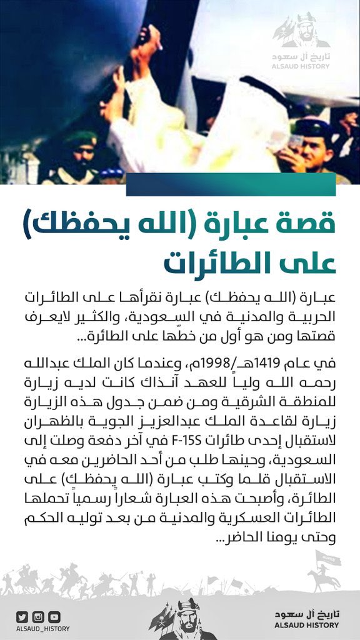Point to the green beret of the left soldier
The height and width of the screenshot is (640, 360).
point(81,138)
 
